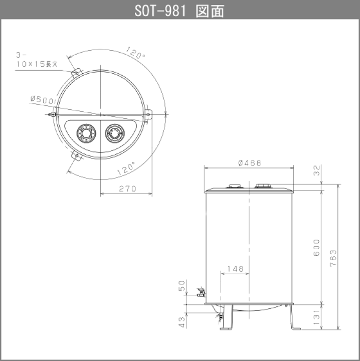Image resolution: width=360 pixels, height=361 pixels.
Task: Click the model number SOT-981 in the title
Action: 158,11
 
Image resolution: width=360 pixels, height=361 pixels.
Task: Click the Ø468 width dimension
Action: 249,163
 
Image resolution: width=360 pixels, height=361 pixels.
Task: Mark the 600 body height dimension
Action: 316,251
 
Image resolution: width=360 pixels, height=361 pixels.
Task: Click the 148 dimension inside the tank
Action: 235,269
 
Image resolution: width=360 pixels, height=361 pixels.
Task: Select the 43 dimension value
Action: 182,321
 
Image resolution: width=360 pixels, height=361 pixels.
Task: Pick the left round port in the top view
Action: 84,133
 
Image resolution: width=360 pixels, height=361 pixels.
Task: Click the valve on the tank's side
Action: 201,292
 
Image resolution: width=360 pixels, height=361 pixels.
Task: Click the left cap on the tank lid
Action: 234,187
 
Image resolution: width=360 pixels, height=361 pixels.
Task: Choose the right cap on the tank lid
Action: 262,187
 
